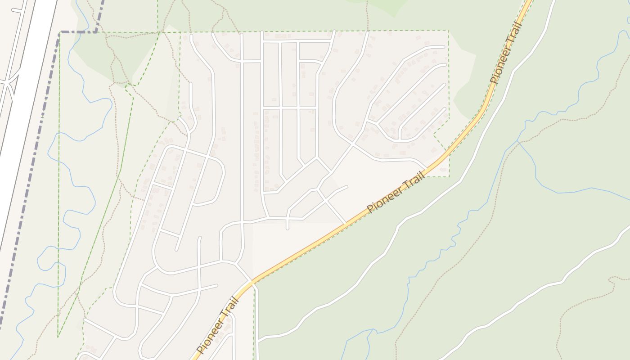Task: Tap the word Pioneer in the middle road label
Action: (383, 198)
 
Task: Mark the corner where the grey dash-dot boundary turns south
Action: (60, 32)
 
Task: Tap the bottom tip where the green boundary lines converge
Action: (58, 336)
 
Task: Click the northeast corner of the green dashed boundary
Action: (448, 31)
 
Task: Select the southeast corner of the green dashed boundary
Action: (449, 176)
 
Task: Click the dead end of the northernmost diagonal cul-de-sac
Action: (444, 46)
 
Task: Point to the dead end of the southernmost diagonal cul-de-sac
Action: (445, 108)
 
